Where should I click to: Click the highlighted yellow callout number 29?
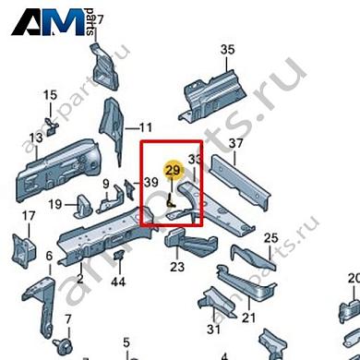click(x=173, y=170)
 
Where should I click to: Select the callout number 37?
click(x=235, y=143)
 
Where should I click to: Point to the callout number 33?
click(x=194, y=160)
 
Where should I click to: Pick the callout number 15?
click(x=49, y=95)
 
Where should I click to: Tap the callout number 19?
click(x=54, y=204)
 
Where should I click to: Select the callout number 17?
click(x=28, y=217)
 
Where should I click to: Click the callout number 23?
click(x=177, y=268)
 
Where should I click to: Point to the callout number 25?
click(x=270, y=239)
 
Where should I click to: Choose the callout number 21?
click(x=248, y=318)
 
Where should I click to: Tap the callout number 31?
click(x=214, y=328)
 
